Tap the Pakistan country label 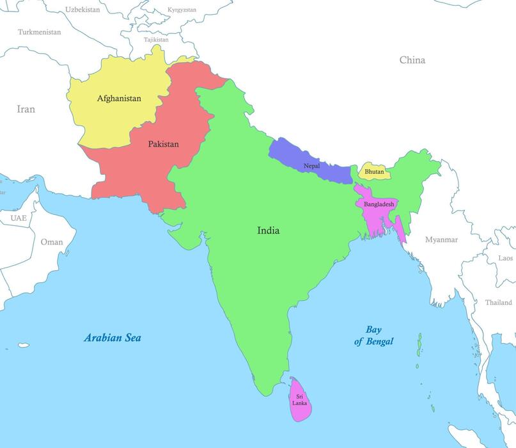163,144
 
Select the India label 268,230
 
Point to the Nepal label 311,166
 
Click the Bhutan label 374,172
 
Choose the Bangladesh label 380,204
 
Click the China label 412,60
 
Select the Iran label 26,109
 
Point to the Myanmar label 441,239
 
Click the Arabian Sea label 113,338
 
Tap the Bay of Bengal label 374,335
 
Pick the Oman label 52,242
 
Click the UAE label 19,218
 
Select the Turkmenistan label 40,32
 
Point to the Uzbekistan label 82,10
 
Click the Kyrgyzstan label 182,10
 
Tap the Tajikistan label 156,40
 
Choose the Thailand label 498,302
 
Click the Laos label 505,258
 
